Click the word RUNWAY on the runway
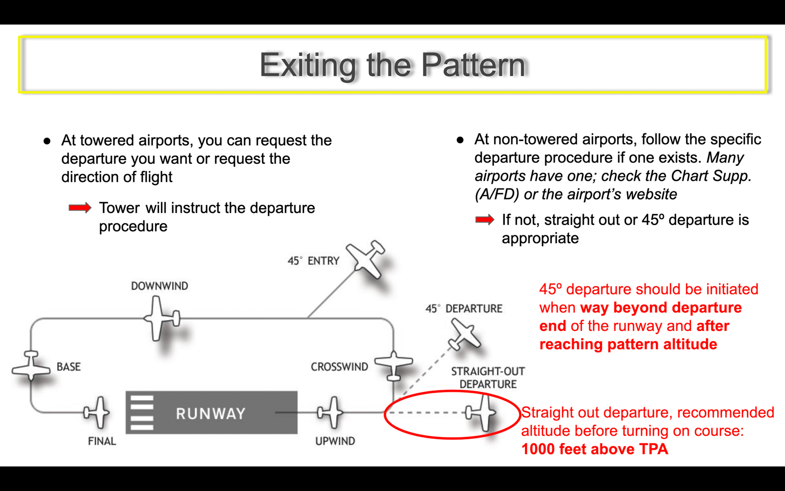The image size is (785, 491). coord(210,413)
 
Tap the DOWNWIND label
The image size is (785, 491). coord(159,286)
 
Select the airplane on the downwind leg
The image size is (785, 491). coord(162,319)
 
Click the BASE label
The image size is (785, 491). coord(69,367)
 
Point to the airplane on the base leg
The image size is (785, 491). coord(31,366)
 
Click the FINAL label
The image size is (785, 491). coord(102,441)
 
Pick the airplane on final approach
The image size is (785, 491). coord(96,412)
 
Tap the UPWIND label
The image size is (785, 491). coord(335,441)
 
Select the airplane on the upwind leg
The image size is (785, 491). coord(330,412)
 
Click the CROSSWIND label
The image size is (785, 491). coord(339,367)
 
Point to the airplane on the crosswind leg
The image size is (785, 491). coord(393,365)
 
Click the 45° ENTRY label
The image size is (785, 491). coord(314,261)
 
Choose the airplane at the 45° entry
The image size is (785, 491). coord(365,259)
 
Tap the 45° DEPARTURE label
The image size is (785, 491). coord(464,309)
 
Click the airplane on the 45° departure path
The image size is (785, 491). coord(464,334)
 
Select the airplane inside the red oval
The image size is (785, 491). coord(481,412)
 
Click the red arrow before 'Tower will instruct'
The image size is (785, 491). coord(80,208)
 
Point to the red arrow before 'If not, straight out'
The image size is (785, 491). coord(485,219)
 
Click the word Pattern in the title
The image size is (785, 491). coord(473,65)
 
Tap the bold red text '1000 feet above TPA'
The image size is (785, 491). coord(595,449)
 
